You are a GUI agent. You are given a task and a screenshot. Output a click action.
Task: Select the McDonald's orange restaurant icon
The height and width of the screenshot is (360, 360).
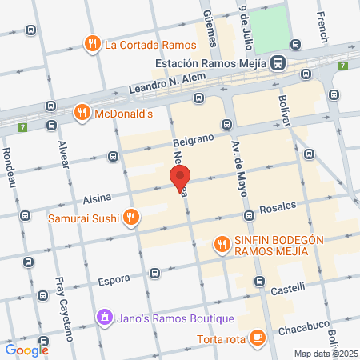pyautogui.click(x=82, y=114)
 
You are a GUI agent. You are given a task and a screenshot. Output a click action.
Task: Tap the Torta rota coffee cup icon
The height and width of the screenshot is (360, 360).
pyautogui.click(x=257, y=338)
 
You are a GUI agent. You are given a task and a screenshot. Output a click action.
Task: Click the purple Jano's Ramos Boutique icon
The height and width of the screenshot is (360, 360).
pyautogui.click(x=103, y=318)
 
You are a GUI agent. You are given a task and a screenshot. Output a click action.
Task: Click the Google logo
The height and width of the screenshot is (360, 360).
pyautogui.click(x=26, y=349)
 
